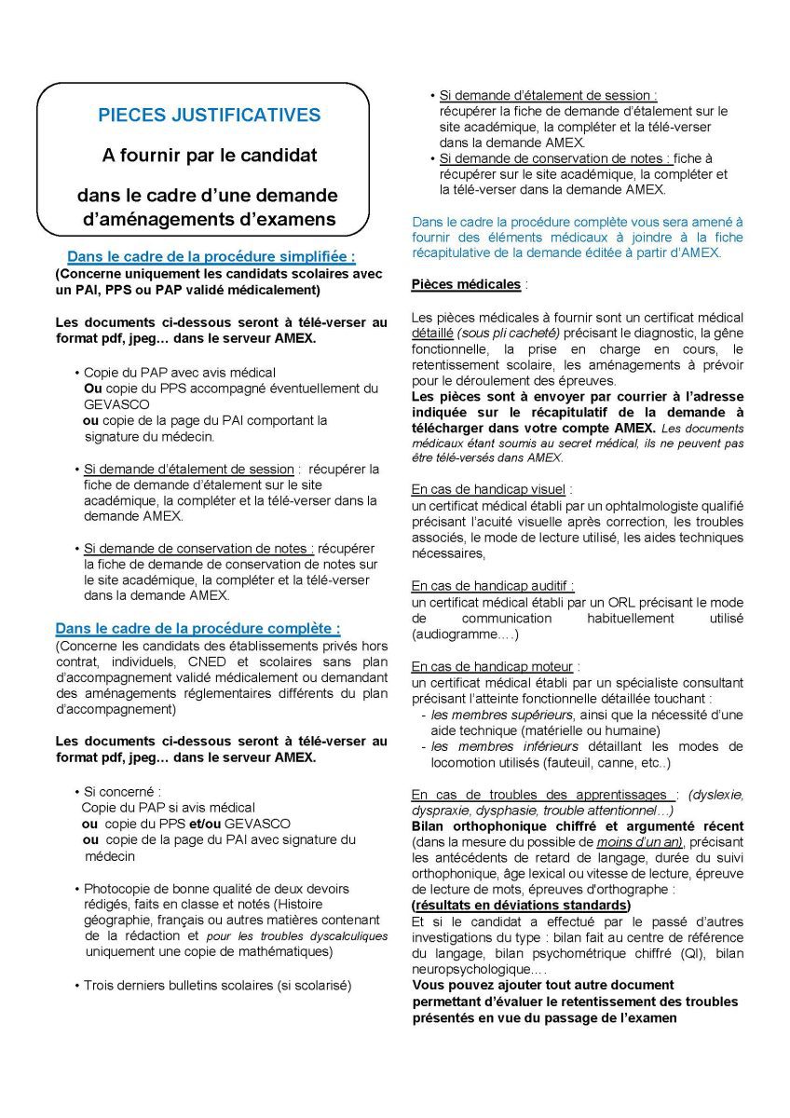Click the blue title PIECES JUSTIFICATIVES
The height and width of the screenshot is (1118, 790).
point(209,116)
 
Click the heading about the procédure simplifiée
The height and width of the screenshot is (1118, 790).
point(211,256)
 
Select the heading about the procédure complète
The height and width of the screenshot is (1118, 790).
point(197,628)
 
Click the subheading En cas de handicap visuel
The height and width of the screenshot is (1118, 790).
point(490,488)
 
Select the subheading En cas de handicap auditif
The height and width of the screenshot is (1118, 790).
point(492,585)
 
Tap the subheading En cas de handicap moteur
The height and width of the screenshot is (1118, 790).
point(494,666)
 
